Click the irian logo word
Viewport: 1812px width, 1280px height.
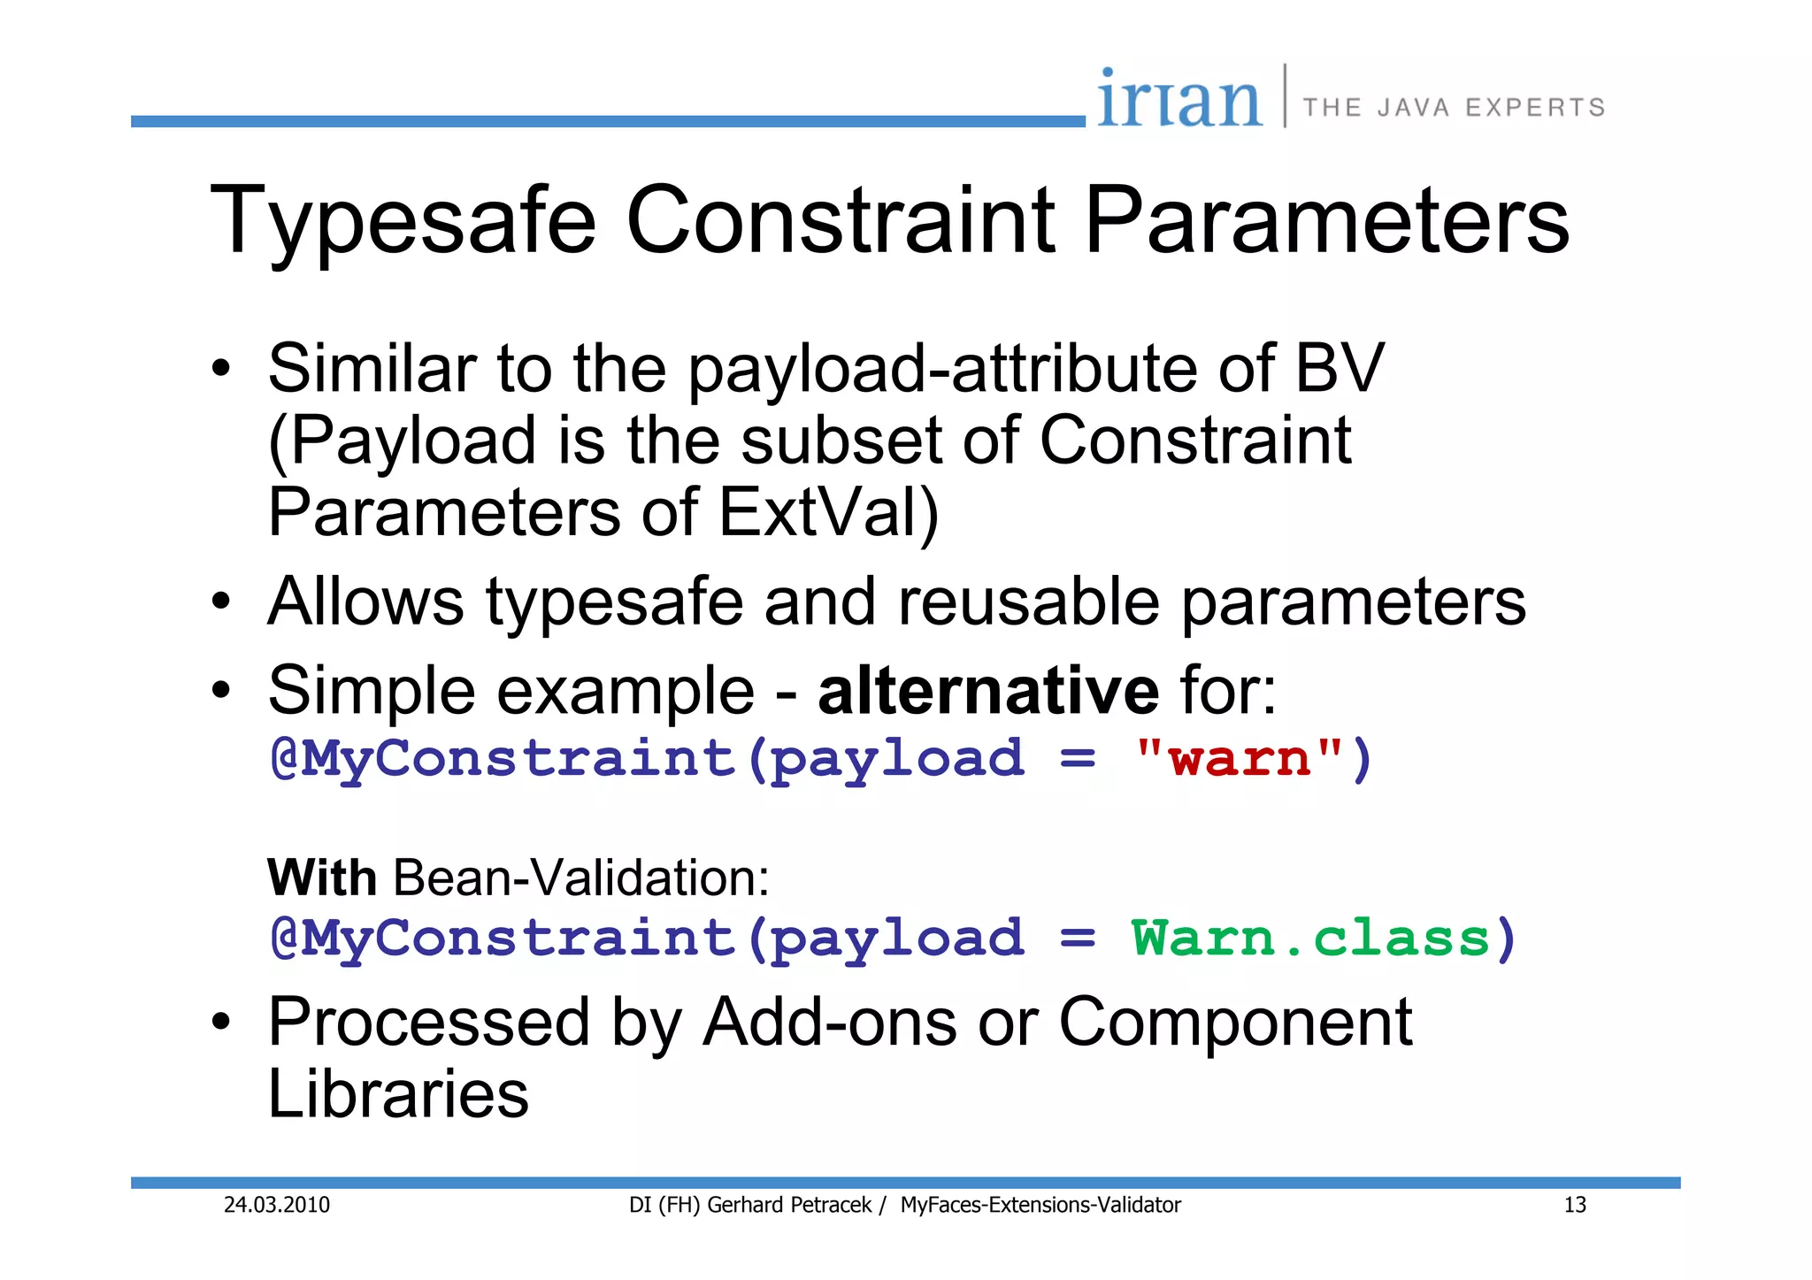(x=1179, y=99)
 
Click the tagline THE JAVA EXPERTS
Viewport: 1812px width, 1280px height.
(x=1454, y=108)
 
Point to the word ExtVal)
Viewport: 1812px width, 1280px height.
(x=828, y=512)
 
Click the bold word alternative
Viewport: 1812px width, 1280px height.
(x=987, y=691)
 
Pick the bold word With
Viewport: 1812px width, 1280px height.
(x=322, y=878)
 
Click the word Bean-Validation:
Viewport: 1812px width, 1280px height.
(x=581, y=878)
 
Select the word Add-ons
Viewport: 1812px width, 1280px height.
(x=829, y=1023)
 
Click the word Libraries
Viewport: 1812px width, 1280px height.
(x=398, y=1094)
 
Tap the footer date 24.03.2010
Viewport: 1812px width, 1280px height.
(x=276, y=1205)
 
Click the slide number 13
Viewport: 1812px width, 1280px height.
(x=1575, y=1205)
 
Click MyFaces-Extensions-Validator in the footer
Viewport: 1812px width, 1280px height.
(x=1040, y=1205)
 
